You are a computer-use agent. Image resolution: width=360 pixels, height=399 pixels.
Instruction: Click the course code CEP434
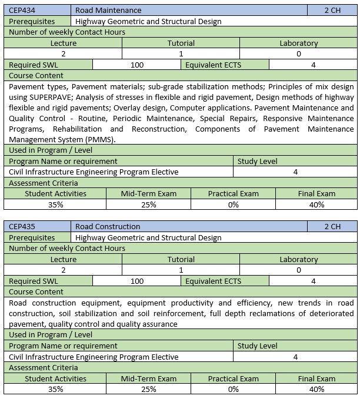pos(21,10)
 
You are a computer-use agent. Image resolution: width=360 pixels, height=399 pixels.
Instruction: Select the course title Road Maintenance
pos(108,10)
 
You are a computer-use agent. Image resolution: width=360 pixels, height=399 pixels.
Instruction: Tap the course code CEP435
pos(21,226)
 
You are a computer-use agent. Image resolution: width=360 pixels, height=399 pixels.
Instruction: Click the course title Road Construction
pos(108,226)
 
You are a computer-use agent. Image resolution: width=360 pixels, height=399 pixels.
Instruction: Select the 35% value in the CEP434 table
pos(55,204)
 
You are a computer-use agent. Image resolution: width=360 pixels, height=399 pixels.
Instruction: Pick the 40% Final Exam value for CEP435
pos(316,389)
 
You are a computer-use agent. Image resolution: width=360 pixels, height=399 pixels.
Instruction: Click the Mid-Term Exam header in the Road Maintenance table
pos(148,193)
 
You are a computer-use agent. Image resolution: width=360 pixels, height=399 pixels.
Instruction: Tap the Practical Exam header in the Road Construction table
pos(233,378)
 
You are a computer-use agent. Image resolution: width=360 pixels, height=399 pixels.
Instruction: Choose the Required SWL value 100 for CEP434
pos(136,65)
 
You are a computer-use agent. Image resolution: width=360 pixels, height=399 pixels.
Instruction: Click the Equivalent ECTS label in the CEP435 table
pos(213,281)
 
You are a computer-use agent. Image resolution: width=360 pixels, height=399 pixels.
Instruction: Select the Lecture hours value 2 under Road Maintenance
pos(63,53)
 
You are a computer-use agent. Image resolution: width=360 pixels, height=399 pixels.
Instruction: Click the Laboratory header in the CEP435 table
pos(298,259)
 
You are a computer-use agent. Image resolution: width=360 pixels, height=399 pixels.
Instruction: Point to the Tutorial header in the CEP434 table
pos(181,43)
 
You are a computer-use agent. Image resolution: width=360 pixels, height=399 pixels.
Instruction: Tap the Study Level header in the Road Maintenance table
pos(257,161)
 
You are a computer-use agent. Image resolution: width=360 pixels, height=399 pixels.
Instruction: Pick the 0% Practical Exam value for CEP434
pos(233,204)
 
